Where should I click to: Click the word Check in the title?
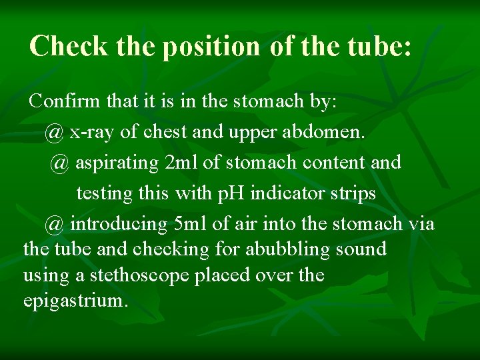[x=68, y=47]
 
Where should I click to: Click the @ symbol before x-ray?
[x=55, y=132]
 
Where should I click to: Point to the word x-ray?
[x=93, y=132]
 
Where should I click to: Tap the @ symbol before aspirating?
[x=60, y=163]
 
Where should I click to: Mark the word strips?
[x=354, y=193]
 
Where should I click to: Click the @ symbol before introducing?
[x=55, y=224]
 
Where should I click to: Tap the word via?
[x=421, y=224]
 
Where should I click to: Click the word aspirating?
[x=117, y=163]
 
